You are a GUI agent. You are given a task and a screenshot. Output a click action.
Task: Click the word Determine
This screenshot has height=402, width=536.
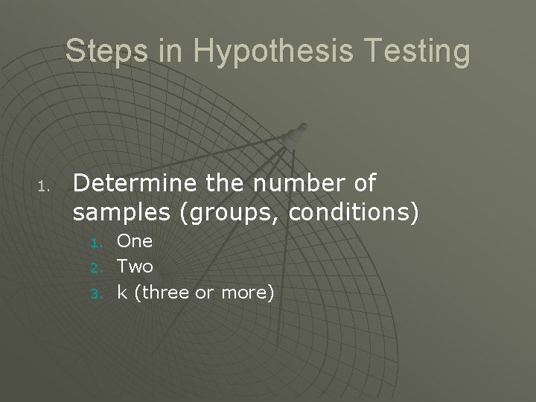(134, 182)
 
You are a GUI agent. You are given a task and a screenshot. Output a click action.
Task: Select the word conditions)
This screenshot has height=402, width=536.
(353, 214)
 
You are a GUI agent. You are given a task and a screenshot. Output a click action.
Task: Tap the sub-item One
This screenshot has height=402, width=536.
(135, 241)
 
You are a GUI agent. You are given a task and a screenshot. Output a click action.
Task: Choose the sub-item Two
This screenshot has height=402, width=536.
(135, 267)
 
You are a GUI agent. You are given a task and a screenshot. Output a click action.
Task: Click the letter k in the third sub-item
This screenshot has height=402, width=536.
(122, 292)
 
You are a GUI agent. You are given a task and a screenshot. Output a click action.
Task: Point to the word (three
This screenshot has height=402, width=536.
(159, 293)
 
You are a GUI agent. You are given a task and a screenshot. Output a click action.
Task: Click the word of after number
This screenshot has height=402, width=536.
(362, 182)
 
